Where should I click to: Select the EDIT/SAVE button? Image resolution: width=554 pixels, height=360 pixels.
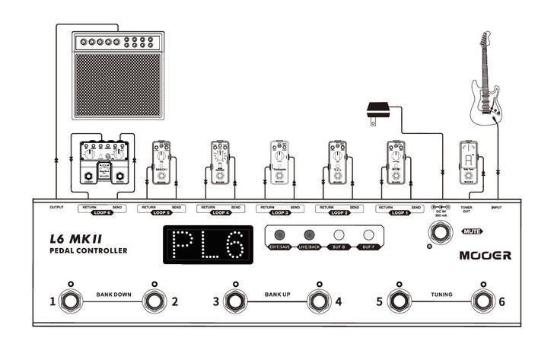280,235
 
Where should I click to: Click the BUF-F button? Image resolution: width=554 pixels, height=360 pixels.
369,235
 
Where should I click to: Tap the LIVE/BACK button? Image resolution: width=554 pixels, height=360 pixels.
310,235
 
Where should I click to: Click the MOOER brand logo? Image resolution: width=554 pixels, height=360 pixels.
485,256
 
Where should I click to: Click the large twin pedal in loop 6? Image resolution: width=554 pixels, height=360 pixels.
101,162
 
